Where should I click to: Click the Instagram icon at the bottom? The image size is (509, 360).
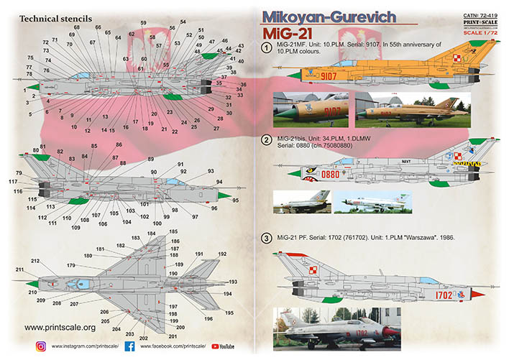(x=42, y=346)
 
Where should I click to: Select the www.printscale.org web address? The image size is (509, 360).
(x=61, y=328)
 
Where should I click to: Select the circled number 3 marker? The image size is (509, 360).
(x=267, y=238)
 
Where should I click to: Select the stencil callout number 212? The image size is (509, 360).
(x=35, y=261)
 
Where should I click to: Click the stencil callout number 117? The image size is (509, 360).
(x=13, y=181)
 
